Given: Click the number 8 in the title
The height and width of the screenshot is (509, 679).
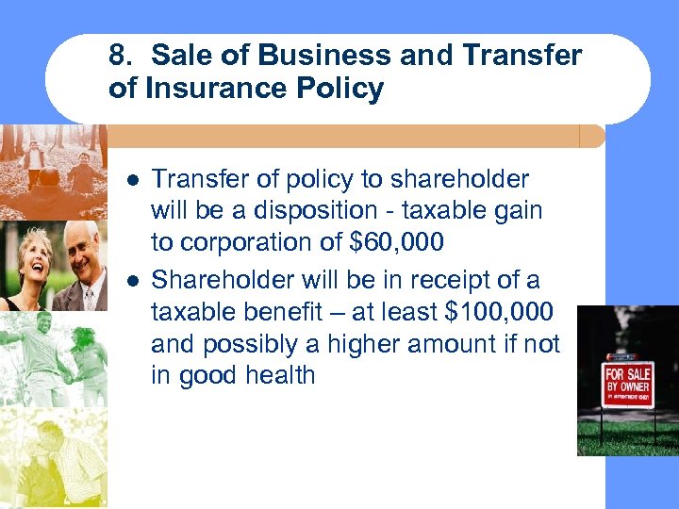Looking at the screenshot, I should point(118,56).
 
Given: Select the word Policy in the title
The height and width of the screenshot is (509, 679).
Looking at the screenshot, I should point(344,90).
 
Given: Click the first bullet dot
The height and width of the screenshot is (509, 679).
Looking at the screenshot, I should point(133,179).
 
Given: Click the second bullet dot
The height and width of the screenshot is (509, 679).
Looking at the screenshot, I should point(133,279).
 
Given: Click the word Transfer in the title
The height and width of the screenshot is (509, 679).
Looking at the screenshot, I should point(522,56).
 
